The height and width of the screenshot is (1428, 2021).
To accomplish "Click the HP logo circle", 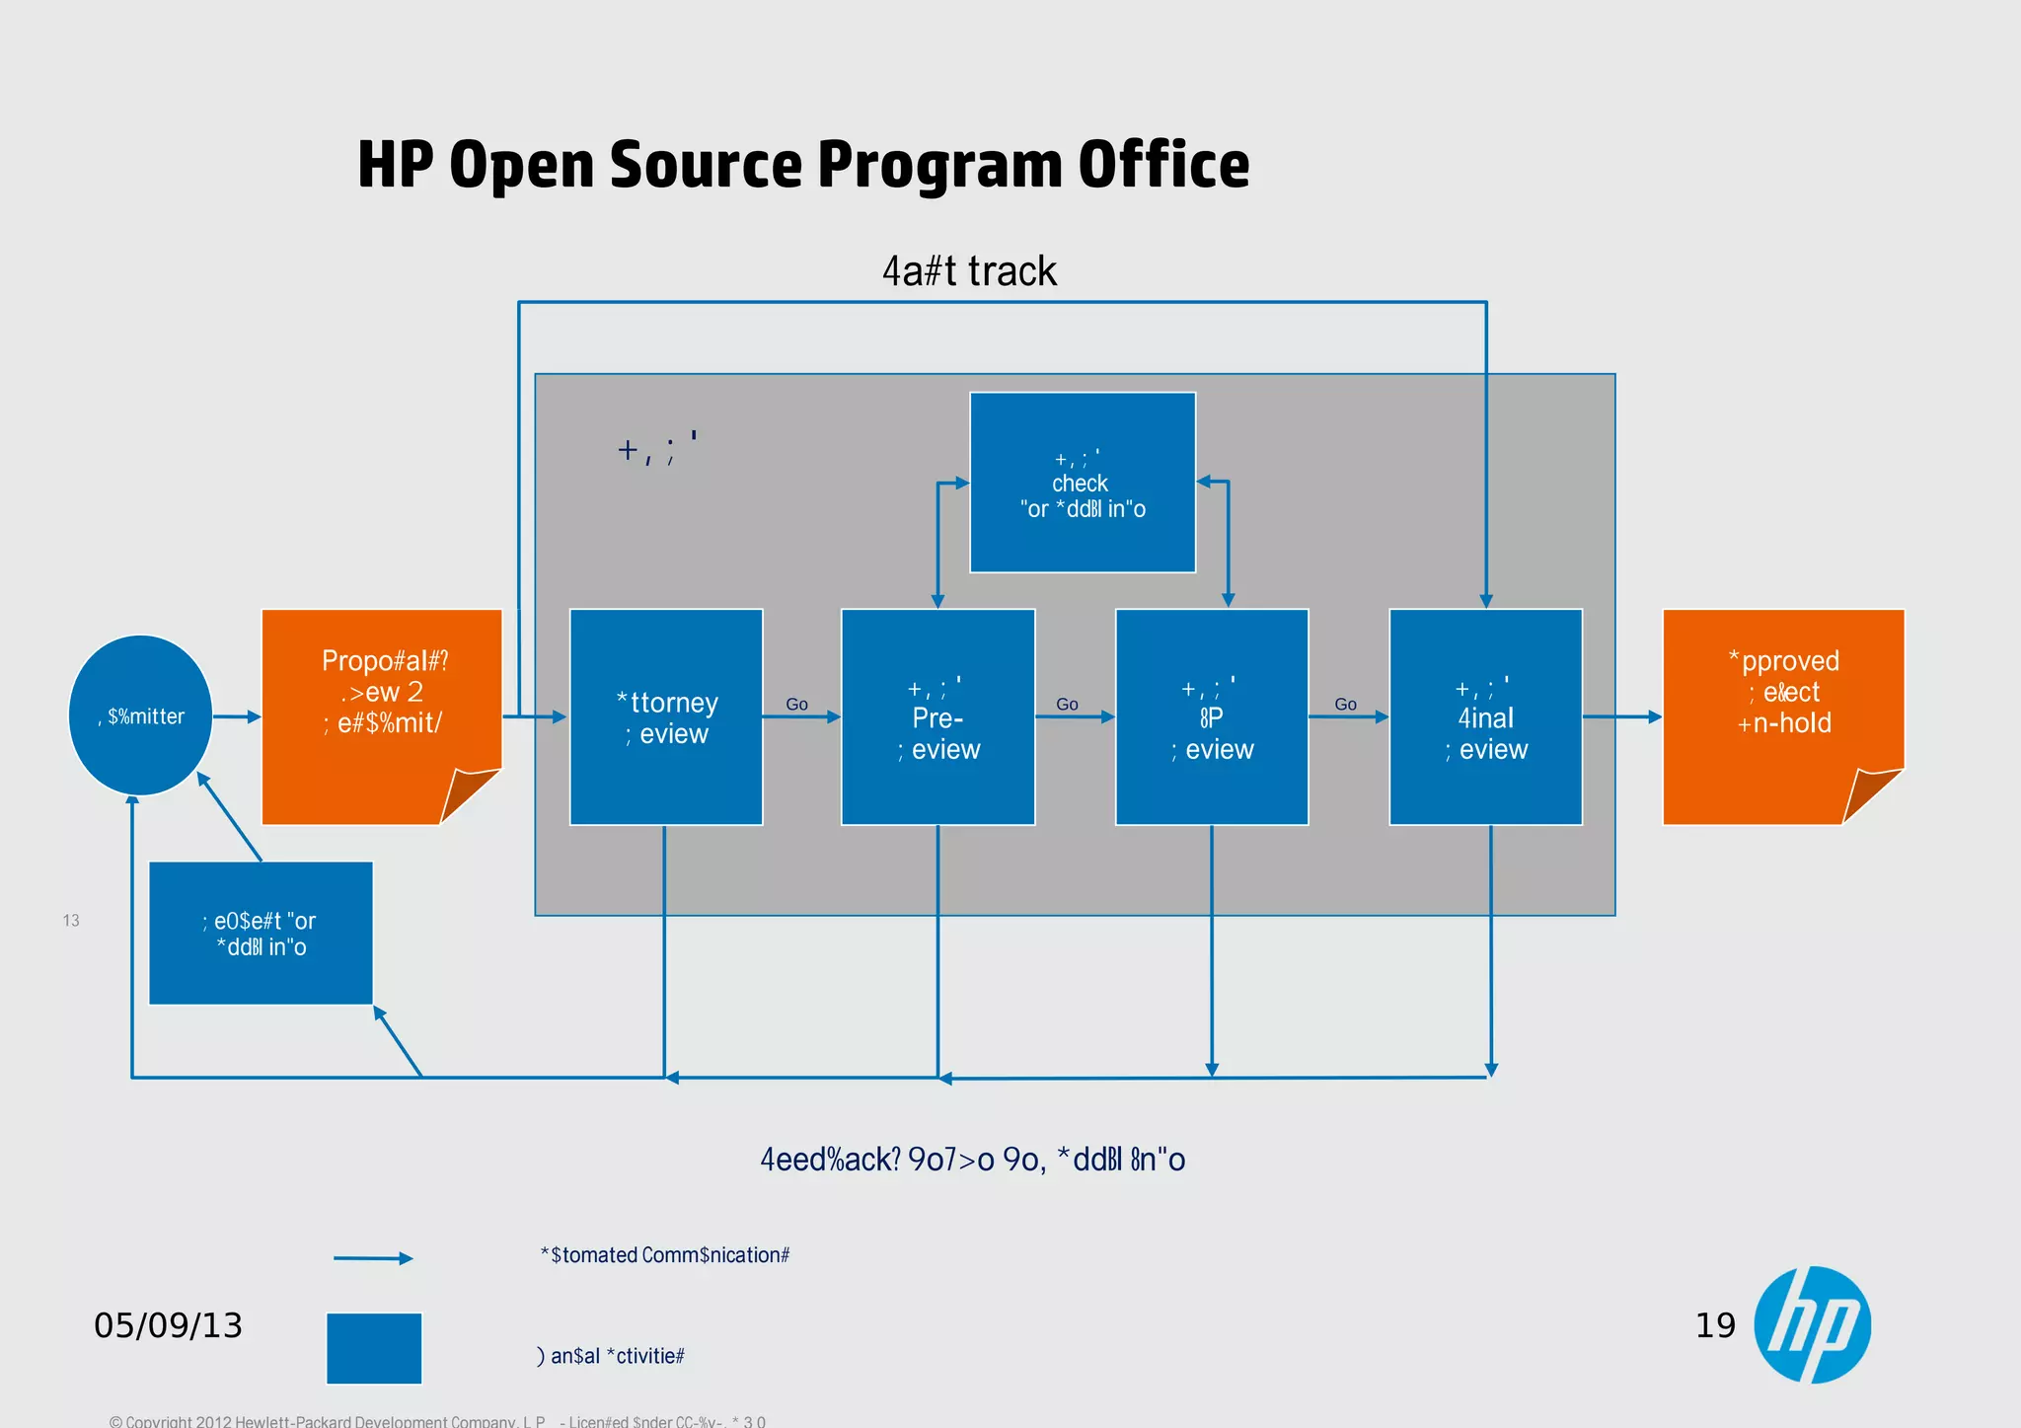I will (1812, 1324).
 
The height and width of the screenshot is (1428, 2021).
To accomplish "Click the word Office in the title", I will (1163, 165).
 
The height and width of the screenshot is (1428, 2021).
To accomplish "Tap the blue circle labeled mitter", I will (141, 715).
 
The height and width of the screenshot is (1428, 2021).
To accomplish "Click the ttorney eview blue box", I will (666, 717).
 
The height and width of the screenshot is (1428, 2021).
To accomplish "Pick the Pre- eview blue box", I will (937, 717).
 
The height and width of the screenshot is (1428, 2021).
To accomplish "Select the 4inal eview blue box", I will (1485, 717).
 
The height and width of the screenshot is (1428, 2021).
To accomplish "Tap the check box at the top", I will (1083, 483).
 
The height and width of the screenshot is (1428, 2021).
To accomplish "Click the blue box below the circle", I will (261, 934).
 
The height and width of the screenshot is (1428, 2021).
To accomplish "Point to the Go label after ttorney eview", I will (796, 704).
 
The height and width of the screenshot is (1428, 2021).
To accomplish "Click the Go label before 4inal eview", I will (1345, 704).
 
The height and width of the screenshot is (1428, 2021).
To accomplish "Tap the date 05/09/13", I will (168, 1325).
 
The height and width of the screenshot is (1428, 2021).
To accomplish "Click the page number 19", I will (1715, 1325).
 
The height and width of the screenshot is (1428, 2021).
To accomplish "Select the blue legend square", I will (374, 1348).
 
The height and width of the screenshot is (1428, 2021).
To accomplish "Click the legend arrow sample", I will (373, 1258).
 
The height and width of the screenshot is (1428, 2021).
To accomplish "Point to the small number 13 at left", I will (71, 921).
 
